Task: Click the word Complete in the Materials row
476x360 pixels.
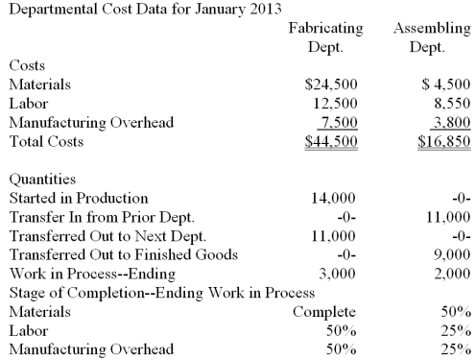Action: coord(324,312)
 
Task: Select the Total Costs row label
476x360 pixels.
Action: coord(45,141)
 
